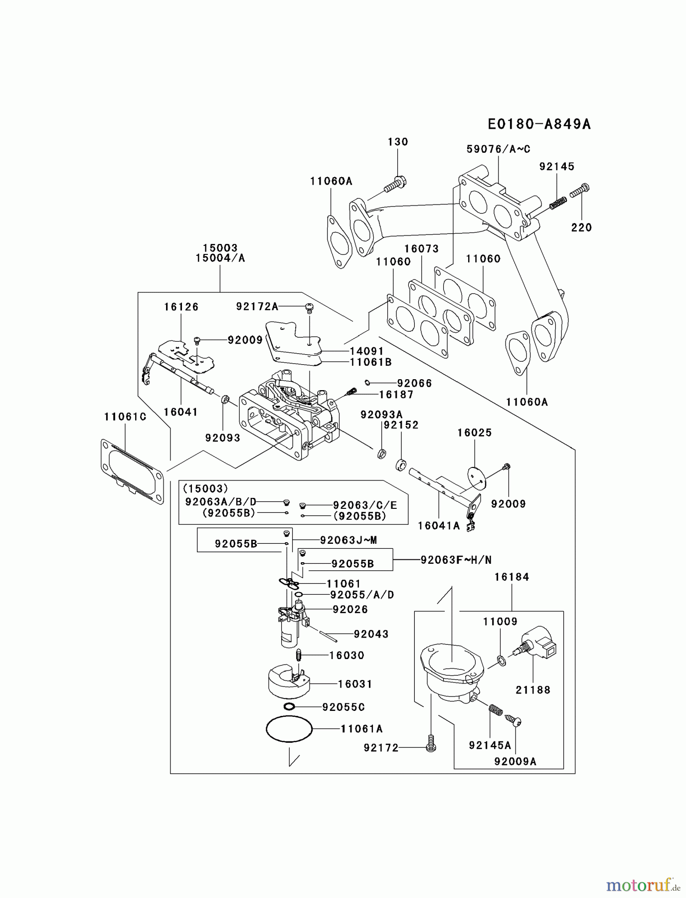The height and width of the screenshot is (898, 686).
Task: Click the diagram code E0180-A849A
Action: pyautogui.click(x=539, y=124)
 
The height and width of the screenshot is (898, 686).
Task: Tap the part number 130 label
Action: pyautogui.click(x=398, y=142)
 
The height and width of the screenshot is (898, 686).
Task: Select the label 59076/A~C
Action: pyautogui.click(x=498, y=149)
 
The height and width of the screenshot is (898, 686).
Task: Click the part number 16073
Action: pyautogui.click(x=421, y=248)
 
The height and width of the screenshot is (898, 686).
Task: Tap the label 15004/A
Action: pyautogui.click(x=220, y=258)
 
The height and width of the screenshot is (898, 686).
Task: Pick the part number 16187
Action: pyautogui.click(x=396, y=394)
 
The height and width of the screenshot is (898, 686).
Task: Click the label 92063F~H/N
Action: pyautogui.click(x=456, y=560)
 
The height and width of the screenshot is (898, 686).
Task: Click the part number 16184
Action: pyautogui.click(x=512, y=577)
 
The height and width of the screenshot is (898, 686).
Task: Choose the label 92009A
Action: pyautogui.click(x=515, y=761)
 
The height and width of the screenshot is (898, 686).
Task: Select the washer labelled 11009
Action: pyautogui.click(x=502, y=661)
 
